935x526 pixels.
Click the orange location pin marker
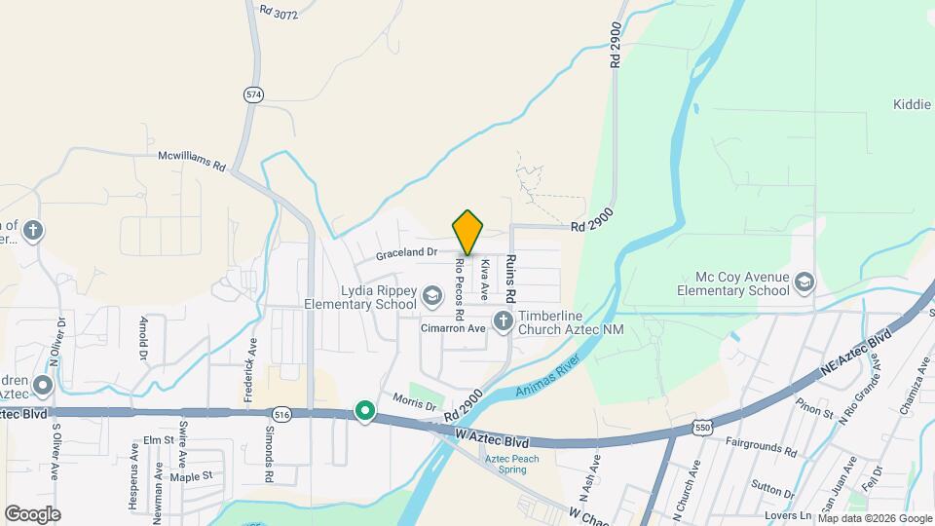[x=467, y=232]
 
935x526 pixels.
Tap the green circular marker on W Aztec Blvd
[x=365, y=412]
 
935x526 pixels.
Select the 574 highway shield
[x=254, y=94]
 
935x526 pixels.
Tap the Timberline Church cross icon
[x=503, y=320]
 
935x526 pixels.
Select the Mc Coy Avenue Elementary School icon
[x=804, y=282]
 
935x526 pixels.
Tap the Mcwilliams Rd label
[x=192, y=161]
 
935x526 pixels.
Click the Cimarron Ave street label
[x=453, y=328]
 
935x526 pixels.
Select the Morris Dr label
[x=414, y=400]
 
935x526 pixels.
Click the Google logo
[x=32, y=513]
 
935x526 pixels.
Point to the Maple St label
[x=191, y=476]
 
